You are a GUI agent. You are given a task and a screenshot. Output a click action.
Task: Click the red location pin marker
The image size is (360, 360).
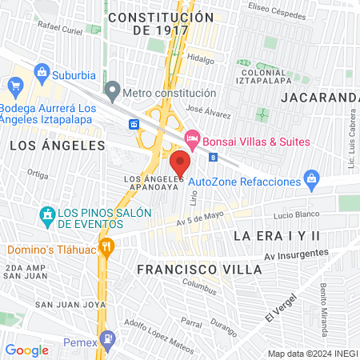[180, 163]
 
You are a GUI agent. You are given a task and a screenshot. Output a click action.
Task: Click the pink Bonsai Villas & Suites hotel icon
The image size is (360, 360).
[192, 141]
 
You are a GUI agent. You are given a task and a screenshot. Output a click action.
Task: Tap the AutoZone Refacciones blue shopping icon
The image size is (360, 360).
[314, 181]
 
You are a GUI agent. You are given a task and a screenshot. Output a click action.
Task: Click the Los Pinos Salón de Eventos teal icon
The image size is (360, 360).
[47, 214]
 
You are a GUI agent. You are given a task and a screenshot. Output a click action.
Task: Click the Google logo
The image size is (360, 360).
[26, 350]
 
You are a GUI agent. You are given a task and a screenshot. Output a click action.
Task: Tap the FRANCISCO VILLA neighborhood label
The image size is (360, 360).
[198, 270]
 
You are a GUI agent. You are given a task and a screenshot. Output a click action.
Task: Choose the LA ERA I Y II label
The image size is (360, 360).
[276, 236]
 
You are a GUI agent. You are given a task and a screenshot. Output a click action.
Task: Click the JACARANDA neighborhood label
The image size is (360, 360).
[318, 98]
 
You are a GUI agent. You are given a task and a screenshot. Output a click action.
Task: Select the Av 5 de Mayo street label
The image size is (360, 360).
[198, 218]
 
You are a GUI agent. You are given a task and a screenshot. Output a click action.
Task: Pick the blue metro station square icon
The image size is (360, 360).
[134, 124]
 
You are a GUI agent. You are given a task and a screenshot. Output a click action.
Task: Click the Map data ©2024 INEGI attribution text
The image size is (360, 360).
[311, 353]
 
